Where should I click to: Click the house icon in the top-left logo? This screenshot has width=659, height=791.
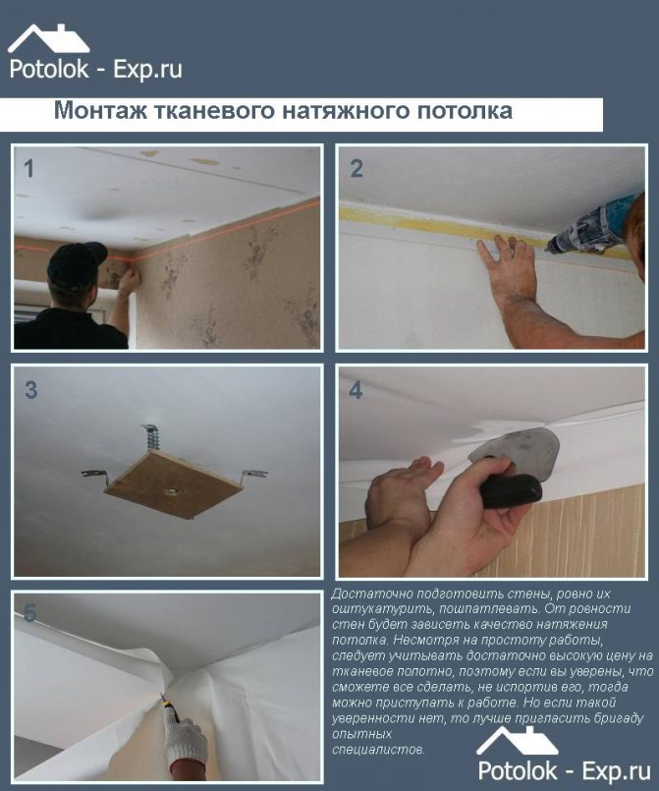click(x=49, y=39)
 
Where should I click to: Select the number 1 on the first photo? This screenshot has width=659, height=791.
click(x=29, y=168)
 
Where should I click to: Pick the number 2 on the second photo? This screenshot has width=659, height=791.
click(x=357, y=168)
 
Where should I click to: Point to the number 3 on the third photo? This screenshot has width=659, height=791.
click(x=30, y=390)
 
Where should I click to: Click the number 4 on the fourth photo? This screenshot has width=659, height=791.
click(x=356, y=390)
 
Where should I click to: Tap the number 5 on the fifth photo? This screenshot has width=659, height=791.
click(x=30, y=613)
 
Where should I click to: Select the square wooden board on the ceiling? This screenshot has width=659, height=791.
click(x=175, y=483)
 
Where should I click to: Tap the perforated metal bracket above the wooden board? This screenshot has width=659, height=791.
click(x=151, y=438)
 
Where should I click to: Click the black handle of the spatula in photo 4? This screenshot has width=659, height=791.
click(x=511, y=486)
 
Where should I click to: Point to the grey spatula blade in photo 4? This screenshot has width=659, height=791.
click(x=516, y=445)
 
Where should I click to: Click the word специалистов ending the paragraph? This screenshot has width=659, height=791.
click(x=378, y=749)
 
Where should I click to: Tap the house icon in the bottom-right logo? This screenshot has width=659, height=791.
click(x=518, y=741)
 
